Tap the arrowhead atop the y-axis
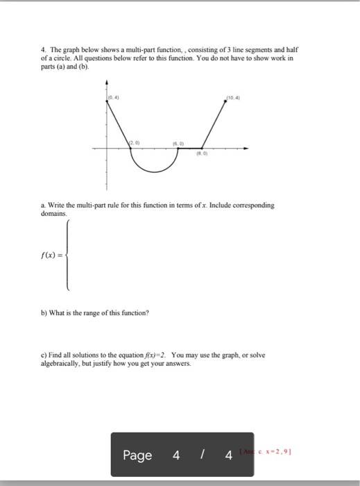(x=107, y=82)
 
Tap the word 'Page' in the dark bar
(x=137, y=455)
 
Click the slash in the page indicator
(x=201, y=455)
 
